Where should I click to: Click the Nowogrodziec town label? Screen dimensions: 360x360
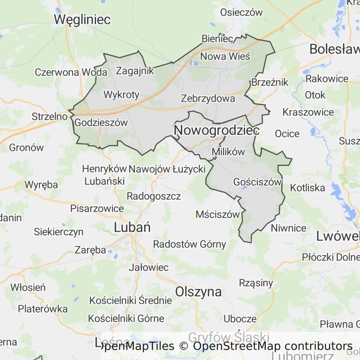coord(217,130)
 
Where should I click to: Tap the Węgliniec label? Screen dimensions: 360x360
coord(82,19)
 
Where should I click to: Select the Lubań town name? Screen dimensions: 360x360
coord(133,227)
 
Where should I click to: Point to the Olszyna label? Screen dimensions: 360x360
coord(198,292)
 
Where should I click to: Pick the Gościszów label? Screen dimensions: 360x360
coord(257,182)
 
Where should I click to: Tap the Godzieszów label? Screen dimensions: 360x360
coord(101,123)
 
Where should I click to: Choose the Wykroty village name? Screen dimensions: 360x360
coord(121,95)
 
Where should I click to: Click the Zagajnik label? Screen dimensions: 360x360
coord(135,71)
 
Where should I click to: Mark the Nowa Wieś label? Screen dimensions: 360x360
coord(225,56)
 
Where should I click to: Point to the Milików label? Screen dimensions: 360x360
coord(228,152)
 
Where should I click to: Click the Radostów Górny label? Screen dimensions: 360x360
coord(189,244)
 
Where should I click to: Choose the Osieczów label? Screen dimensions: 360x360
coord(241,13)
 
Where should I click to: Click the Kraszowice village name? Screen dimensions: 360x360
coord(308,112)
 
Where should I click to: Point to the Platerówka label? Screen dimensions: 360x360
coord(43,309)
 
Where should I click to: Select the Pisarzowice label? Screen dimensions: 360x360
coord(97,209)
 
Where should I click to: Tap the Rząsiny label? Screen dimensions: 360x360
coord(256,283)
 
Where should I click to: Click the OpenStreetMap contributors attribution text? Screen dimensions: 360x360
coord(273,346)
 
